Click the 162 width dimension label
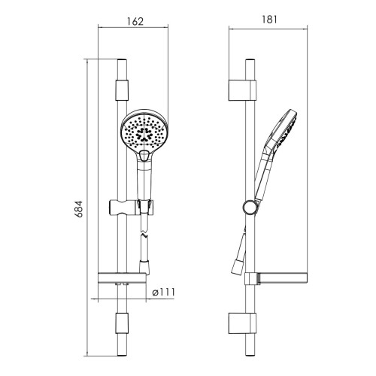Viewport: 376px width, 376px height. click(x=135, y=21)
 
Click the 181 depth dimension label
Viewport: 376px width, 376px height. click(x=269, y=20)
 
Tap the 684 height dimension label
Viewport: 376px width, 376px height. click(x=80, y=209)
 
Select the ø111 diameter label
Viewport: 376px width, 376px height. click(x=164, y=292)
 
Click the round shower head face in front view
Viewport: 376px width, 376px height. click(x=144, y=132)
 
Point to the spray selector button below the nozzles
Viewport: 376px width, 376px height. click(x=144, y=156)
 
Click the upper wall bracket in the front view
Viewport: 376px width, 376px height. click(x=122, y=90)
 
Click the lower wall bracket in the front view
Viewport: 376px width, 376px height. click(x=122, y=323)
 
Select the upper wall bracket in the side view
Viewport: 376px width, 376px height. click(x=242, y=90)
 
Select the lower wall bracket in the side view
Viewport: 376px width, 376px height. click(x=242, y=323)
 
